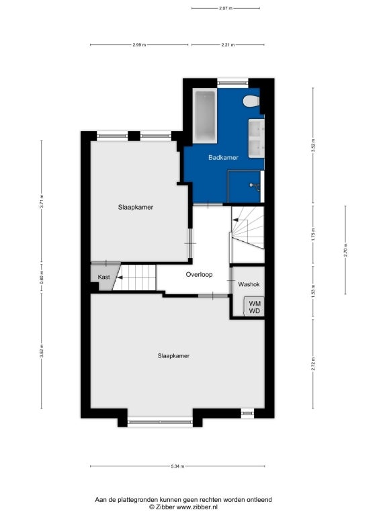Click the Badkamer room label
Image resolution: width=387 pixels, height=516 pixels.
223,158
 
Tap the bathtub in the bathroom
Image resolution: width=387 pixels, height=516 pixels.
205,116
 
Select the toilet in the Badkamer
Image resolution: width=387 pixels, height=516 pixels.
251,101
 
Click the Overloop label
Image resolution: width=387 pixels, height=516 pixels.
199,274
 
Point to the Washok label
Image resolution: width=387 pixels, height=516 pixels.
249,284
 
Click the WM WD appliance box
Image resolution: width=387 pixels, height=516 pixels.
254,306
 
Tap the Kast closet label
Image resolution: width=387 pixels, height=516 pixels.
104,277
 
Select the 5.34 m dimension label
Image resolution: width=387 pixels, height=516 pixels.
177,466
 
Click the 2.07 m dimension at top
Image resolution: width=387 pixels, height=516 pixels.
226,9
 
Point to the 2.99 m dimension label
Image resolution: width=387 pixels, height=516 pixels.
139,45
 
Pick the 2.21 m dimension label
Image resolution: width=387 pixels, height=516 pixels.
228,45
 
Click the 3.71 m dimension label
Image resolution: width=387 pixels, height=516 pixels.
42,202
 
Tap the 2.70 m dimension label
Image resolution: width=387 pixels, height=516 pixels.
345,250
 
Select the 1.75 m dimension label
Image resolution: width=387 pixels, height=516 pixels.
313,234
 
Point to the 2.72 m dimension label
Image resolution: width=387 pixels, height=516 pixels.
313,364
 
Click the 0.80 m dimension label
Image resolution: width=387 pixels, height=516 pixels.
42,277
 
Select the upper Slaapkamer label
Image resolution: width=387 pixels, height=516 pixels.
136,208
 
